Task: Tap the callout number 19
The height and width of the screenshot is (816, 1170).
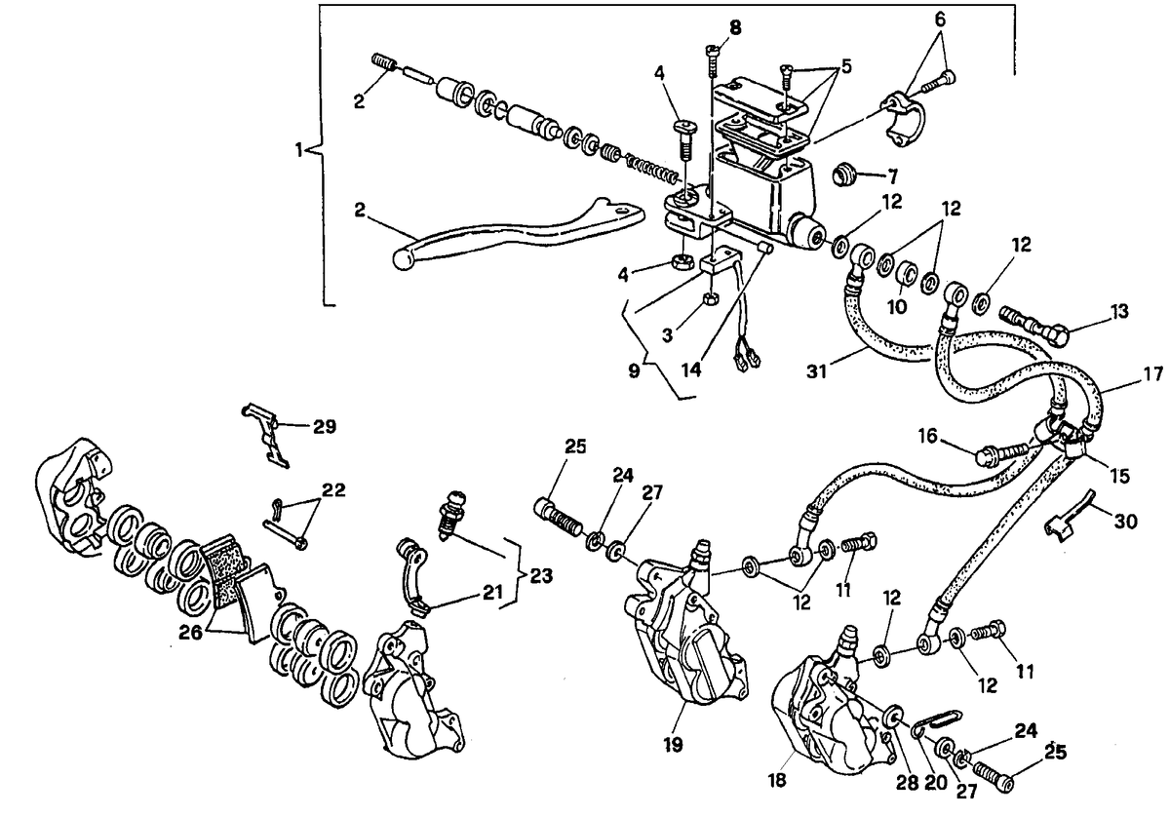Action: (x=674, y=745)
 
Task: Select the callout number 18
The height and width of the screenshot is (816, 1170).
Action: (x=777, y=781)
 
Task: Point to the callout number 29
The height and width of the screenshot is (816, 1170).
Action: (x=325, y=426)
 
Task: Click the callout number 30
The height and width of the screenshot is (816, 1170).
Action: (x=1125, y=522)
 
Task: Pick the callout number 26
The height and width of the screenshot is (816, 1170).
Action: (x=190, y=633)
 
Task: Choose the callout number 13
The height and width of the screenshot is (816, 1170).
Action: (x=1119, y=312)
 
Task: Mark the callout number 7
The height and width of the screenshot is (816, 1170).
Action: (x=892, y=176)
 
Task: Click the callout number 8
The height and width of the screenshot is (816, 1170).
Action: (x=735, y=27)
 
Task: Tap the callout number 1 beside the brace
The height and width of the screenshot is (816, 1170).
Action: (x=298, y=151)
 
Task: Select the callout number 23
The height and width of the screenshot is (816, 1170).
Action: (x=541, y=576)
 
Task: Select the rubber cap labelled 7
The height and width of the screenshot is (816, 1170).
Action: (x=845, y=174)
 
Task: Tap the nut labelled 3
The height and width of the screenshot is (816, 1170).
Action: (x=711, y=298)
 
